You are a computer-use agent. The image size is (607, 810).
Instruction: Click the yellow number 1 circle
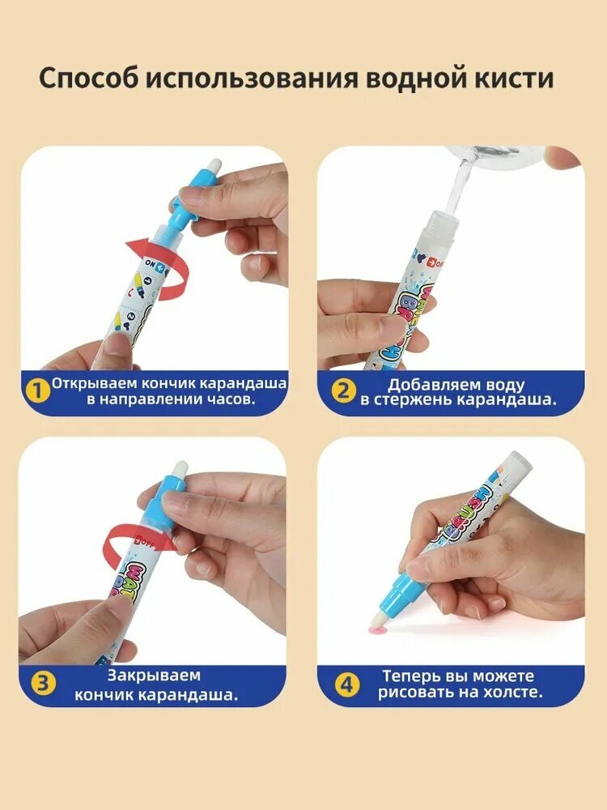tap(39, 391)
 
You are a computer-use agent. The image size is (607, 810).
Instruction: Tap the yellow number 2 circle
tap(343, 391)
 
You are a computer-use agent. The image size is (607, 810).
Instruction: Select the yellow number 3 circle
tap(43, 683)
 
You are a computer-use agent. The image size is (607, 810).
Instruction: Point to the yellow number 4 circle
tap(347, 685)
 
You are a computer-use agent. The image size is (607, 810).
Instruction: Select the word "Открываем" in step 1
tap(95, 383)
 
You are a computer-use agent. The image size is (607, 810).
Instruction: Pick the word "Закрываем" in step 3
tap(154, 676)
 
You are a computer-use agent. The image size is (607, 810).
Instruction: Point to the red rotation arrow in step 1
tap(158, 269)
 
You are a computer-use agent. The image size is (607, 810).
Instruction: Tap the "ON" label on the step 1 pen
tap(151, 262)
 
